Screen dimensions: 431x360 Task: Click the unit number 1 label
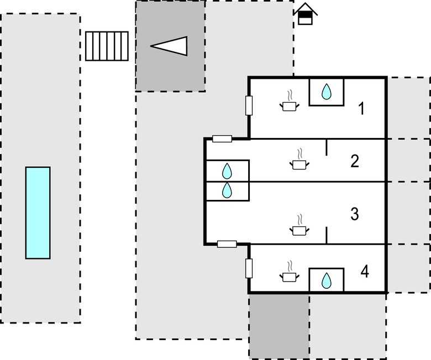click(361, 108)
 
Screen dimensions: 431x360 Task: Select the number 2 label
click(355, 161)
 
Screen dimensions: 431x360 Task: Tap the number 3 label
click(355, 214)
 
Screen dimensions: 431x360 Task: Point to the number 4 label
click(365, 272)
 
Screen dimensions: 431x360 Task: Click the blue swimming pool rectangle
click(38, 213)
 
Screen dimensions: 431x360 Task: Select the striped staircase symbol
click(107, 46)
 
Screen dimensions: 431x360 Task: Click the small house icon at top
click(306, 14)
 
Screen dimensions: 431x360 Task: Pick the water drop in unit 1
click(326, 92)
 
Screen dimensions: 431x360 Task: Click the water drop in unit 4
click(326, 280)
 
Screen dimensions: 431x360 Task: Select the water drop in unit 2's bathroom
click(227, 171)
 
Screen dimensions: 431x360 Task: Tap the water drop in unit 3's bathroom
click(227, 190)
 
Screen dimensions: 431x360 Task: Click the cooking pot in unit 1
click(290, 102)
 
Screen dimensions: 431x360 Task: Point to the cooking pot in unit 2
click(299, 160)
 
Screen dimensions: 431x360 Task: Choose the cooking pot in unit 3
click(299, 226)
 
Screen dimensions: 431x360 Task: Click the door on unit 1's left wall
click(249, 105)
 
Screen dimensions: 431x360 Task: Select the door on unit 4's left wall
click(249, 268)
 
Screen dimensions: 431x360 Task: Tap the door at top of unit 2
click(222, 139)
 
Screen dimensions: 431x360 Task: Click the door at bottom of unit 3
click(227, 244)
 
